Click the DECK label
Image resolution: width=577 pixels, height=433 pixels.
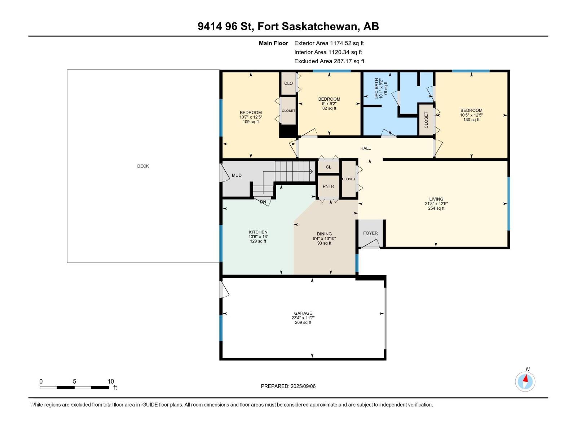(143, 166)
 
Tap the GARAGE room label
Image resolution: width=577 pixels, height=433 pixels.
(303, 313)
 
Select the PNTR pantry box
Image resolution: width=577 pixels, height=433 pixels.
(328, 186)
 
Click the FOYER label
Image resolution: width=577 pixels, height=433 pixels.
(370, 233)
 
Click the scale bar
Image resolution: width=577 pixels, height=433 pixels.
(74, 388)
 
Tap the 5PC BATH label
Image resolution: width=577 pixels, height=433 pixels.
(376, 88)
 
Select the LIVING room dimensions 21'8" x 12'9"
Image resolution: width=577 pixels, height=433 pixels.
(436, 204)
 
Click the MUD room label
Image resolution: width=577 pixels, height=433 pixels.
(237, 175)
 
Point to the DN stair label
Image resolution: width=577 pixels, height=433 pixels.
(263, 202)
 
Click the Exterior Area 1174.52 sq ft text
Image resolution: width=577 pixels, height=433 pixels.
(329, 43)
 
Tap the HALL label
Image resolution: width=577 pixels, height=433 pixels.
(365, 148)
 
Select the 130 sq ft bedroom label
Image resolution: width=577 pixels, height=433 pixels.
(471, 120)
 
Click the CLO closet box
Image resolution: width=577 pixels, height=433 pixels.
(288, 83)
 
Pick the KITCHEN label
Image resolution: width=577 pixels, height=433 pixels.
(258, 232)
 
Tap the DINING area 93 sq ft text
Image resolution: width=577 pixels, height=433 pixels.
(324, 243)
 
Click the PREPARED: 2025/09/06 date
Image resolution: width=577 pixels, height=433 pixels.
(288, 386)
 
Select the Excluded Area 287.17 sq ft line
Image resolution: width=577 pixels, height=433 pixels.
(329, 61)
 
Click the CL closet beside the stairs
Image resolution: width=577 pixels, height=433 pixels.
(328, 167)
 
